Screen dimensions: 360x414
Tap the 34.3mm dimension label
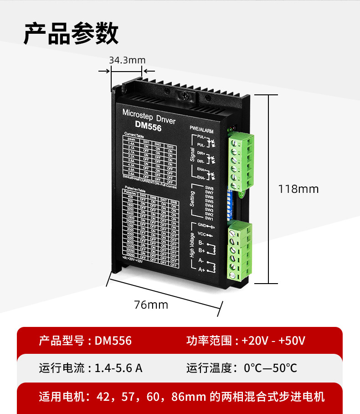point(127,60)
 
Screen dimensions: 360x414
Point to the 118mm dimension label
point(298,189)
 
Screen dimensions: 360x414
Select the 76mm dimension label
point(151,305)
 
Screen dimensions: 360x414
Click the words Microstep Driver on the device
point(149,114)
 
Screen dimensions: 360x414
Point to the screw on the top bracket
point(185,95)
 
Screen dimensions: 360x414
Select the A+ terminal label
point(202,270)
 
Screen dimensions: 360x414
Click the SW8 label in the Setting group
point(209,188)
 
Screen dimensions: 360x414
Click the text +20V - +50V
point(273,341)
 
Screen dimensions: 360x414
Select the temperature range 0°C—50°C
point(270,368)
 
